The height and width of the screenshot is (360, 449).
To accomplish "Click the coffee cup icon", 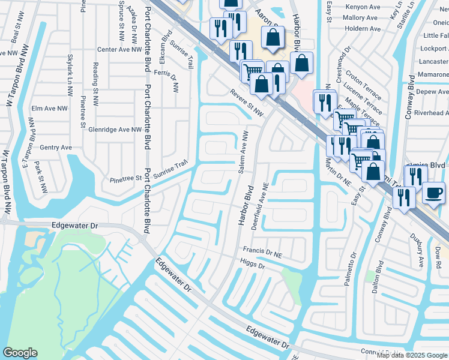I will point(435,192).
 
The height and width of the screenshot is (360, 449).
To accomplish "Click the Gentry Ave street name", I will point(56,147).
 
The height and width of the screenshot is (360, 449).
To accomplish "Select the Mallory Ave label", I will point(361,19).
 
